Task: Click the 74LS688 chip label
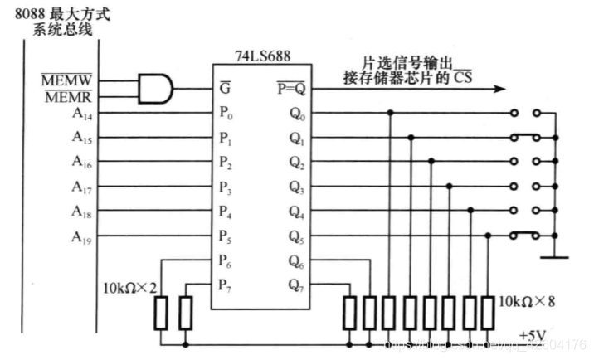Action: coord(262,59)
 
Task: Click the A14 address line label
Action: coord(82,114)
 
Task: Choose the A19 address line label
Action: coord(82,238)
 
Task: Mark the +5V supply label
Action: coord(533,334)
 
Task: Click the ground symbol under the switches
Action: coord(555,256)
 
